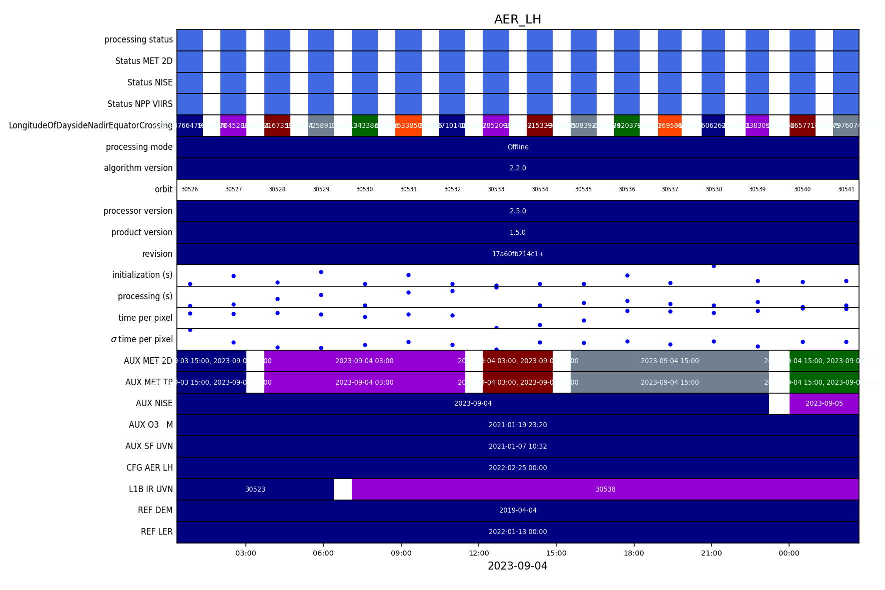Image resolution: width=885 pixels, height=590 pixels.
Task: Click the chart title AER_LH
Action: [517, 19]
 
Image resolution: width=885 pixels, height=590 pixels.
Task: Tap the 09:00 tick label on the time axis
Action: [401, 553]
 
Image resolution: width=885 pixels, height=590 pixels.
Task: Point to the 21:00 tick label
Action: [711, 553]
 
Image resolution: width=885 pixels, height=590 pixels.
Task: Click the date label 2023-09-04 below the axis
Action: [517, 566]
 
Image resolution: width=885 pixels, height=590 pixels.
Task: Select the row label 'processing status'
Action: [138, 39]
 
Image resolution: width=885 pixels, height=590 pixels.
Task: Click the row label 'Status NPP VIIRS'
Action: [140, 104]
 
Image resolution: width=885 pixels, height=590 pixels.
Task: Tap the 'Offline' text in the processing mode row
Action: [518, 147]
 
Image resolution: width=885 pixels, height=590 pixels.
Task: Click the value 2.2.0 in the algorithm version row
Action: [518, 168]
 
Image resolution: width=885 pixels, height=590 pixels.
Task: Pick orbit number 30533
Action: [496, 190]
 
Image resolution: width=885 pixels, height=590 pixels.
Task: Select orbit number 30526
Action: [189, 190]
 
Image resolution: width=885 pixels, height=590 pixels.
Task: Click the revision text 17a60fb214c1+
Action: [518, 254]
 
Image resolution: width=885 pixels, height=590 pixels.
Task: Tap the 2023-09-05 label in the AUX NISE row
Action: [824, 404]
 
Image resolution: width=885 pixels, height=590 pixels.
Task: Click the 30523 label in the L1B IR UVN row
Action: [255, 490]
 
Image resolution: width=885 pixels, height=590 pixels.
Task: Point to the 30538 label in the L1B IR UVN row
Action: [605, 490]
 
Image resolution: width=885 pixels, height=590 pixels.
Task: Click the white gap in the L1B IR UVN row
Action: [342, 490]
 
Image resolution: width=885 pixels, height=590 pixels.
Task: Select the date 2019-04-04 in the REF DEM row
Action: [518, 511]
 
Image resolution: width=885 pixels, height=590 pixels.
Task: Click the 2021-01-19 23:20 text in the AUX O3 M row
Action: [518, 425]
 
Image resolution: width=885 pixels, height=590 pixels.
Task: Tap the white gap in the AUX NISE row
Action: [779, 404]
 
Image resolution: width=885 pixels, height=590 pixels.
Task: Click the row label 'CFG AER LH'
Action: [149, 468]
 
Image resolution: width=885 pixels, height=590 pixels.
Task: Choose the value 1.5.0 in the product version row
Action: [518, 233]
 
